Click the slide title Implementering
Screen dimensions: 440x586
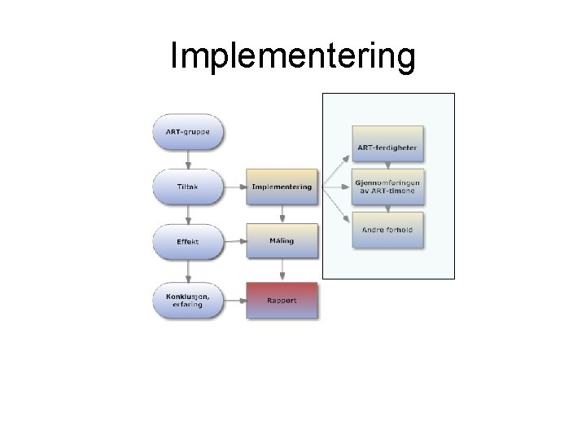pos(293,57)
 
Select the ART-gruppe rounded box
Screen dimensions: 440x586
pos(188,132)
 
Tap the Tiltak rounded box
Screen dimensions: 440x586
pos(188,187)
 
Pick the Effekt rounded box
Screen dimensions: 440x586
pos(188,242)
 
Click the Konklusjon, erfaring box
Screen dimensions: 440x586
pos(188,300)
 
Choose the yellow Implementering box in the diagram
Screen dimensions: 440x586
pos(282,187)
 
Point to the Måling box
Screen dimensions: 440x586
pos(282,241)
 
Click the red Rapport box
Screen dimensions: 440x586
pos(282,300)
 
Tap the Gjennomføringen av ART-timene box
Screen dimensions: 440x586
pos(387,187)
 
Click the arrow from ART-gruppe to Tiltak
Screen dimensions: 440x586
pos(188,159)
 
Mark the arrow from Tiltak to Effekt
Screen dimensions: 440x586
pos(188,214)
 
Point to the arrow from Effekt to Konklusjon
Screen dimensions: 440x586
pos(188,271)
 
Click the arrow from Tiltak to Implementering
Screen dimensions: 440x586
pos(234,187)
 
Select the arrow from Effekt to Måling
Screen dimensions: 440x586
pos(234,242)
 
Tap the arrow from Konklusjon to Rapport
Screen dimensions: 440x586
pos(234,300)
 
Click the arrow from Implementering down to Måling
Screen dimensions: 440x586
pos(282,213)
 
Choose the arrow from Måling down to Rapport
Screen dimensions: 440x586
pos(282,270)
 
